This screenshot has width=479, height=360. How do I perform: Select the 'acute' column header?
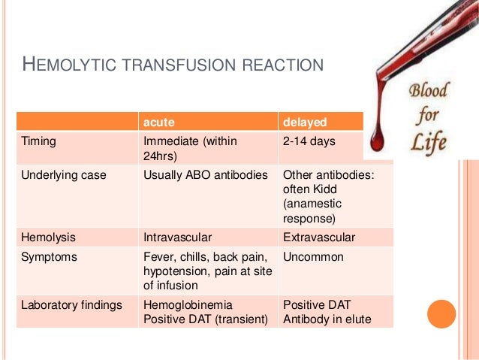(160, 122)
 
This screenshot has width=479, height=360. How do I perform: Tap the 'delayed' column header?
(303, 122)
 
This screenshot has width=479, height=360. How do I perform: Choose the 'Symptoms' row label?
(48, 257)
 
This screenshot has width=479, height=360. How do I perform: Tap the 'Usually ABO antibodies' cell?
(205, 175)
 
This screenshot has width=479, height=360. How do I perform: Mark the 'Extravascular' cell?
(319, 237)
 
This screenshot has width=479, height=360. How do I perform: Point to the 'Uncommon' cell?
(313, 257)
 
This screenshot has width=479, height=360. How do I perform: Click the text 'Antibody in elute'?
(327, 319)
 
